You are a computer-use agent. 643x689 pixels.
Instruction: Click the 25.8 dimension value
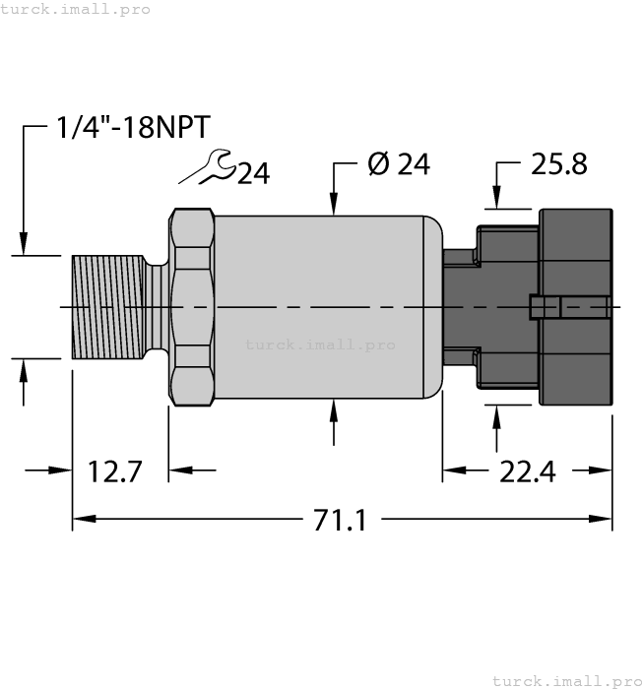(558, 164)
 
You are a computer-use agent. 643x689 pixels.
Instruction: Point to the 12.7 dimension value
(116, 471)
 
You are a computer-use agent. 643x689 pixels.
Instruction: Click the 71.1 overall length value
(340, 520)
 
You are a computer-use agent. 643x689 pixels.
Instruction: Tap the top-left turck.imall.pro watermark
(76, 9)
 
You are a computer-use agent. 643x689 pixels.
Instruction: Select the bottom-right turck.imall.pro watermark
(565, 680)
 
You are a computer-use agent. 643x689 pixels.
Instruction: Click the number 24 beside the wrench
(253, 174)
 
